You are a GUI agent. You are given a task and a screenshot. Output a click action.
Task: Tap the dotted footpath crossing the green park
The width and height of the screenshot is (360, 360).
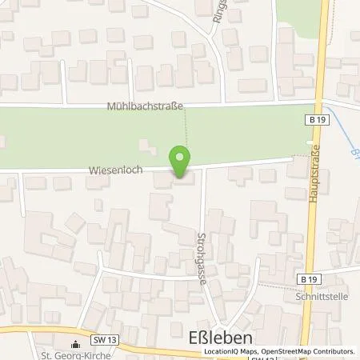tap(186, 128)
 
